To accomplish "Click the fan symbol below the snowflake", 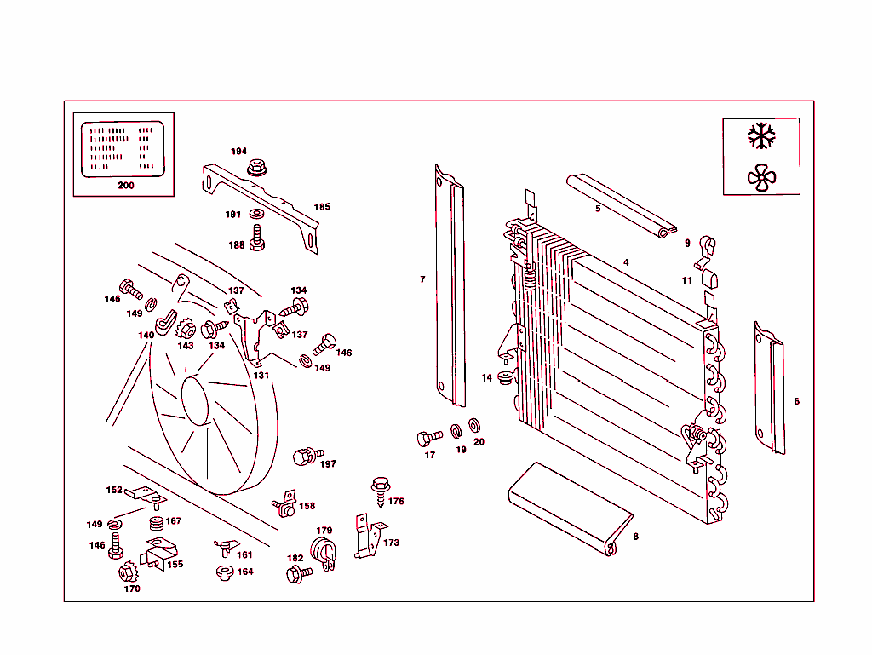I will point(761,177).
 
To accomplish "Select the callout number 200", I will point(125,185).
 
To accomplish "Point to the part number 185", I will point(322,207).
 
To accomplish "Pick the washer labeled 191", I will point(256,213).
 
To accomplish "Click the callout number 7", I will point(422,279).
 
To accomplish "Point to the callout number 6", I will point(796,401).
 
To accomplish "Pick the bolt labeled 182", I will point(298,574).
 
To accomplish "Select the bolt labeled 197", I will point(307,457).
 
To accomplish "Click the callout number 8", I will point(635,537).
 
